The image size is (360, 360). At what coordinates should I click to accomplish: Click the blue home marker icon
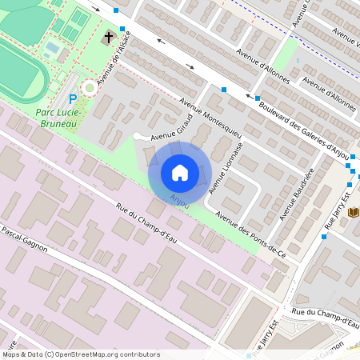180,172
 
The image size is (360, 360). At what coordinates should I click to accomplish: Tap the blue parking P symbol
73,98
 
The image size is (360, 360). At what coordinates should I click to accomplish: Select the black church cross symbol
109,37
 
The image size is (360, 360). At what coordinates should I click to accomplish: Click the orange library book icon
354,212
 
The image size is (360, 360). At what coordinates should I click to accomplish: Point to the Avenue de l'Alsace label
112,70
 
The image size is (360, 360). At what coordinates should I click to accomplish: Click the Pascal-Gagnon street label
24,239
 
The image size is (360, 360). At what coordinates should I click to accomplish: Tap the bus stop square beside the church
122,29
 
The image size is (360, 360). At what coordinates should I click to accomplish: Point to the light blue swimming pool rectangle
52,49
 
